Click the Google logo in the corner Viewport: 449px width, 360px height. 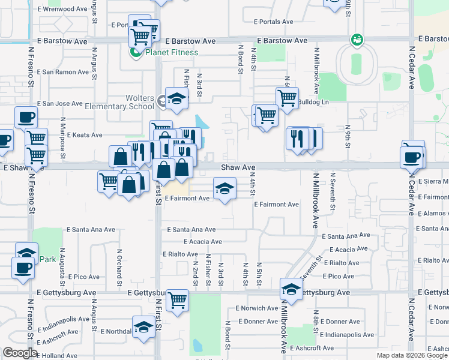click(20, 353)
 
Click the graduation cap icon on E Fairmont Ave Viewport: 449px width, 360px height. click(224, 189)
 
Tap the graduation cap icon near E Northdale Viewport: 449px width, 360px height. click(143, 327)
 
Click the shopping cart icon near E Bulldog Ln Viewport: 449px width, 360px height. click(287, 97)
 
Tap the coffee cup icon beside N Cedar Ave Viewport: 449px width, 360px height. click(412, 157)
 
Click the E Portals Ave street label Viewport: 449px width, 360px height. click(273, 22)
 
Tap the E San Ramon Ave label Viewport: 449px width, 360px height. click(62, 72)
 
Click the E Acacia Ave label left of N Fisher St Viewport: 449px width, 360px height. click(202, 242)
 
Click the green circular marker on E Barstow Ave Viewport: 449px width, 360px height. click(357, 40)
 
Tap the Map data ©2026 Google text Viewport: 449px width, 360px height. click(412, 355)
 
